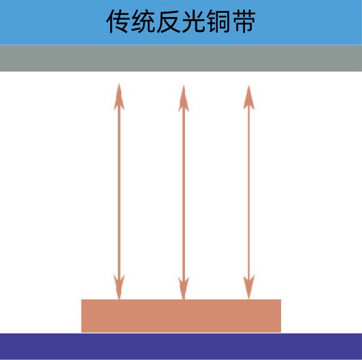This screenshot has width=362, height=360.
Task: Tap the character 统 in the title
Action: (x=143, y=21)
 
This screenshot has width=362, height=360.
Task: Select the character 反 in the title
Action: (x=168, y=21)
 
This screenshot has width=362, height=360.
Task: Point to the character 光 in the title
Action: (x=193, y=21)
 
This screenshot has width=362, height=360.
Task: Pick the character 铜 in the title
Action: (x=218, y=21)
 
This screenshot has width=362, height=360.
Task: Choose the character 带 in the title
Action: (x=244, y=21)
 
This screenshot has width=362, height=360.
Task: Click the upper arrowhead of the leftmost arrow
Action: (x=119, y=97)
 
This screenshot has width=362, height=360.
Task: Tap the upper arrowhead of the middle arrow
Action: (x=184, y=99)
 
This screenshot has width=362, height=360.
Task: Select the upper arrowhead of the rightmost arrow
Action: (x=249, y=97)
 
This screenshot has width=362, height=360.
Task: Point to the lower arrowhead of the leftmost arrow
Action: (x=119, y=287)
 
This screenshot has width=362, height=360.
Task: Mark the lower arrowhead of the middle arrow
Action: (x=184, y=288)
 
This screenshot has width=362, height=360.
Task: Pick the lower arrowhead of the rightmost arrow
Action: (x=249, y=287)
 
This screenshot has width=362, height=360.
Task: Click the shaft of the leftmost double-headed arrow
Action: (x=119, y=191)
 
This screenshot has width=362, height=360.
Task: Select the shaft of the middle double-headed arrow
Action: (x=184, y=193)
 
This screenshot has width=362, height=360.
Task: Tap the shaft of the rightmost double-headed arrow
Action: (x=249, y=192)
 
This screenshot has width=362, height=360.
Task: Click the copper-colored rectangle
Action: (x=181, y=316)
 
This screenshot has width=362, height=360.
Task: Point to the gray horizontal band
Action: (x=181, y=59)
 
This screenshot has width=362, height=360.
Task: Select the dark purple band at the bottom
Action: (x=181, y=346)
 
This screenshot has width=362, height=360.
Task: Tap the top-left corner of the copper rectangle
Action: (x=81, y=299)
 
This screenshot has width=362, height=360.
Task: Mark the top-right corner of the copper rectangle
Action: (x=281, y=299)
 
